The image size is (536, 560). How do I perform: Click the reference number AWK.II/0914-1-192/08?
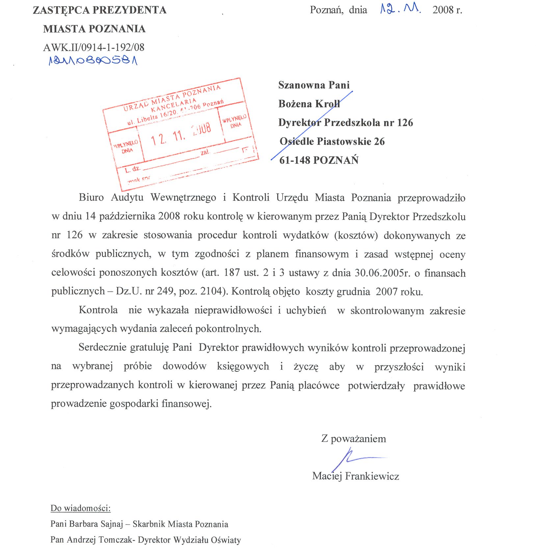click(94, 47)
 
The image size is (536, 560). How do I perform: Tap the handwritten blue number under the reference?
click(93, 61)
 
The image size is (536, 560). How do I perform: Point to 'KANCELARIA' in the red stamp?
click(174, 104)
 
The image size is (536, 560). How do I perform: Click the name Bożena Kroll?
click(309, 104)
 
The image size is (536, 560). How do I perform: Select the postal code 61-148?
click(295, 160)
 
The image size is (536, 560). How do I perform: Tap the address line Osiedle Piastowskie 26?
click(332, 141)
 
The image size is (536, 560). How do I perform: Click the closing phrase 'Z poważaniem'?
click(354, 439)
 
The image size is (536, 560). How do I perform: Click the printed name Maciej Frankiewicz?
click(356, 476)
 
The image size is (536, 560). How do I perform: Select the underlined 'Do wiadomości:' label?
click(80, 508)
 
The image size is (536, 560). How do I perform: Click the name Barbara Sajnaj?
click(95, 524)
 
